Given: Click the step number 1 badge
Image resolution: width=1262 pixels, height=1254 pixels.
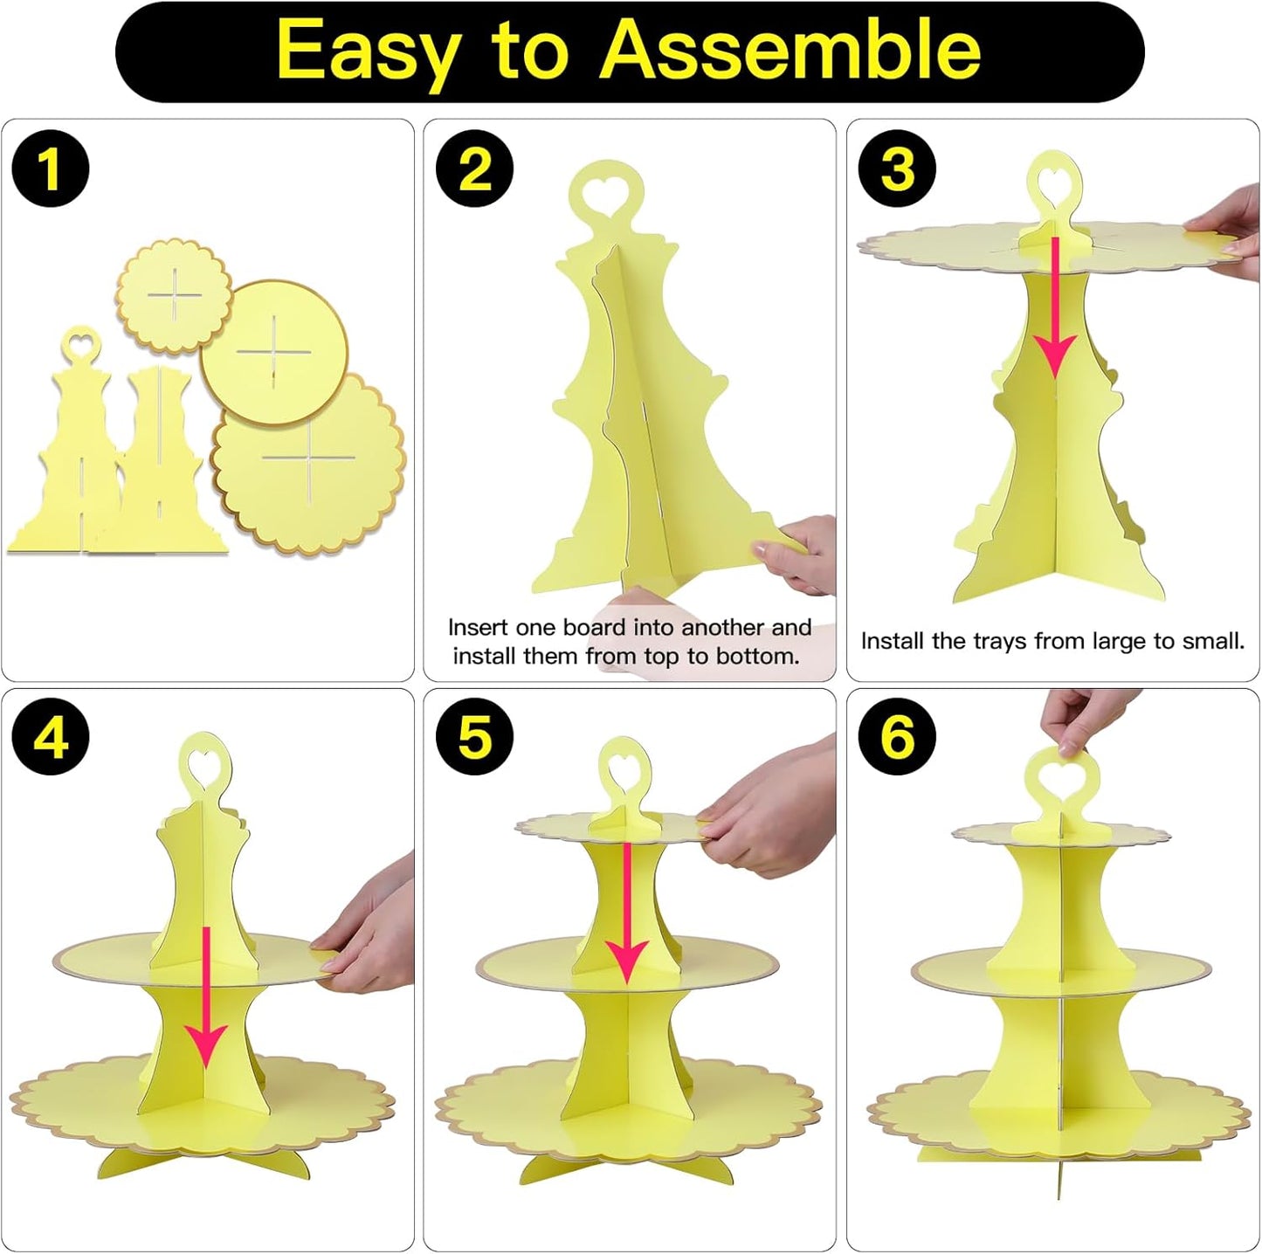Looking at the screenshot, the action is [x=51, y=169].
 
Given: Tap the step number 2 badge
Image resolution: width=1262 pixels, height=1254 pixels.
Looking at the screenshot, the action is [x=475, y=169].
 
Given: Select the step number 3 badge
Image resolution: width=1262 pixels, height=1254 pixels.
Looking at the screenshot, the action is [x=898, y=169].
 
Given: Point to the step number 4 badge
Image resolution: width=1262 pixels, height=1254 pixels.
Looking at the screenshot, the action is [x=51, y=738].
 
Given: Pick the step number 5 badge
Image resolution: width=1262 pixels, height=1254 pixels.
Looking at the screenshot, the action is [x=475, y=738].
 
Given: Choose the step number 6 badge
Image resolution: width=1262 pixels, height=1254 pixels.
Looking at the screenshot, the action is [x=898, y=738].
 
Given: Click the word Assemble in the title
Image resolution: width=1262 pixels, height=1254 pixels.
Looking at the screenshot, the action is [x=790, y=50].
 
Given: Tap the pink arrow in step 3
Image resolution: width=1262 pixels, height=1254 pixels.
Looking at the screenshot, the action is [x=1055, y=307].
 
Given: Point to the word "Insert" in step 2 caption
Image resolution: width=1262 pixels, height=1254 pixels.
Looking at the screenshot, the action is [x=478, y=627].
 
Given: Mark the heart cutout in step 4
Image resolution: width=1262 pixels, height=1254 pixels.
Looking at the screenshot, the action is [x=204, y=760].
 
